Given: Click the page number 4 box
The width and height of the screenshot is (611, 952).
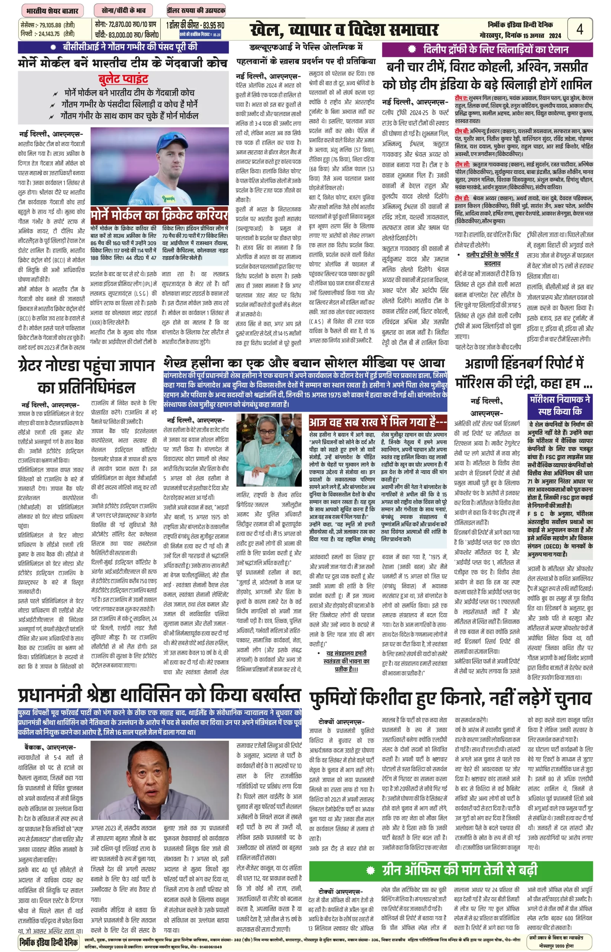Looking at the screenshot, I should point(580,29).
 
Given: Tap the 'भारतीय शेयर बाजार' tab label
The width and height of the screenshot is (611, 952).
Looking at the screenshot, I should point(52,11).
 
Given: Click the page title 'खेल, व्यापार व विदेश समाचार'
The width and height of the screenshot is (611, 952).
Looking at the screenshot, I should point(344,29).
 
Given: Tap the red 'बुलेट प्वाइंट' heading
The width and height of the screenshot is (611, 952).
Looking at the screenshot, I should point(124,79).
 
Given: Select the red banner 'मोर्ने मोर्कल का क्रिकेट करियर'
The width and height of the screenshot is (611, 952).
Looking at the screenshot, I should point(160,215).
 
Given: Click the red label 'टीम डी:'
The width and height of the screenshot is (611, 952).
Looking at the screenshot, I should point(462,198).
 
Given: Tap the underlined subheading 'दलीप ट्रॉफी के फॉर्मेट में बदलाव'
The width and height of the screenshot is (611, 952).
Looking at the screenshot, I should point(492,259).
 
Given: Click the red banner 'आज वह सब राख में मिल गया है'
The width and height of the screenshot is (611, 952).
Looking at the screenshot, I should point(378,422).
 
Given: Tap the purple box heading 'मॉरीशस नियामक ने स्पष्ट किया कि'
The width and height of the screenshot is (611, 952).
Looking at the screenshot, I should point(560,405).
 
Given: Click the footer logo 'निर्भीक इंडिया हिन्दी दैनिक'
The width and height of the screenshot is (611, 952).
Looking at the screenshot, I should point(49,942).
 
